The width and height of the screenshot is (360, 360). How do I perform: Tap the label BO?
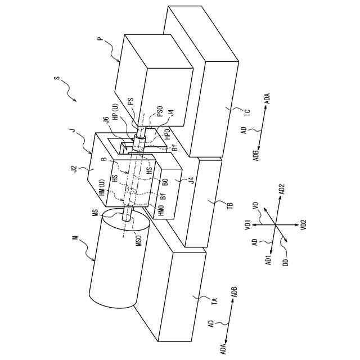165,182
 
